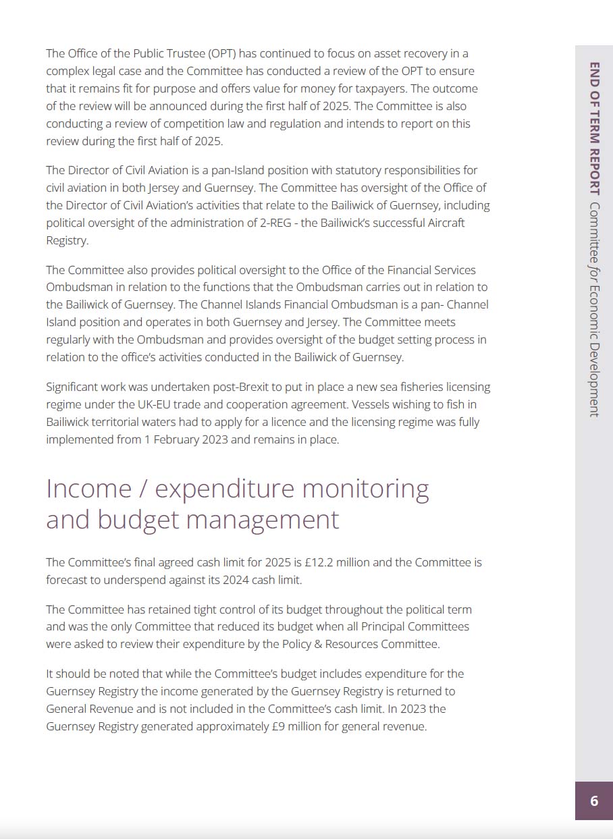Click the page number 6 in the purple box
coord(594,801)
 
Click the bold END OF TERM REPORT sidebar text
coord(595,128)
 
